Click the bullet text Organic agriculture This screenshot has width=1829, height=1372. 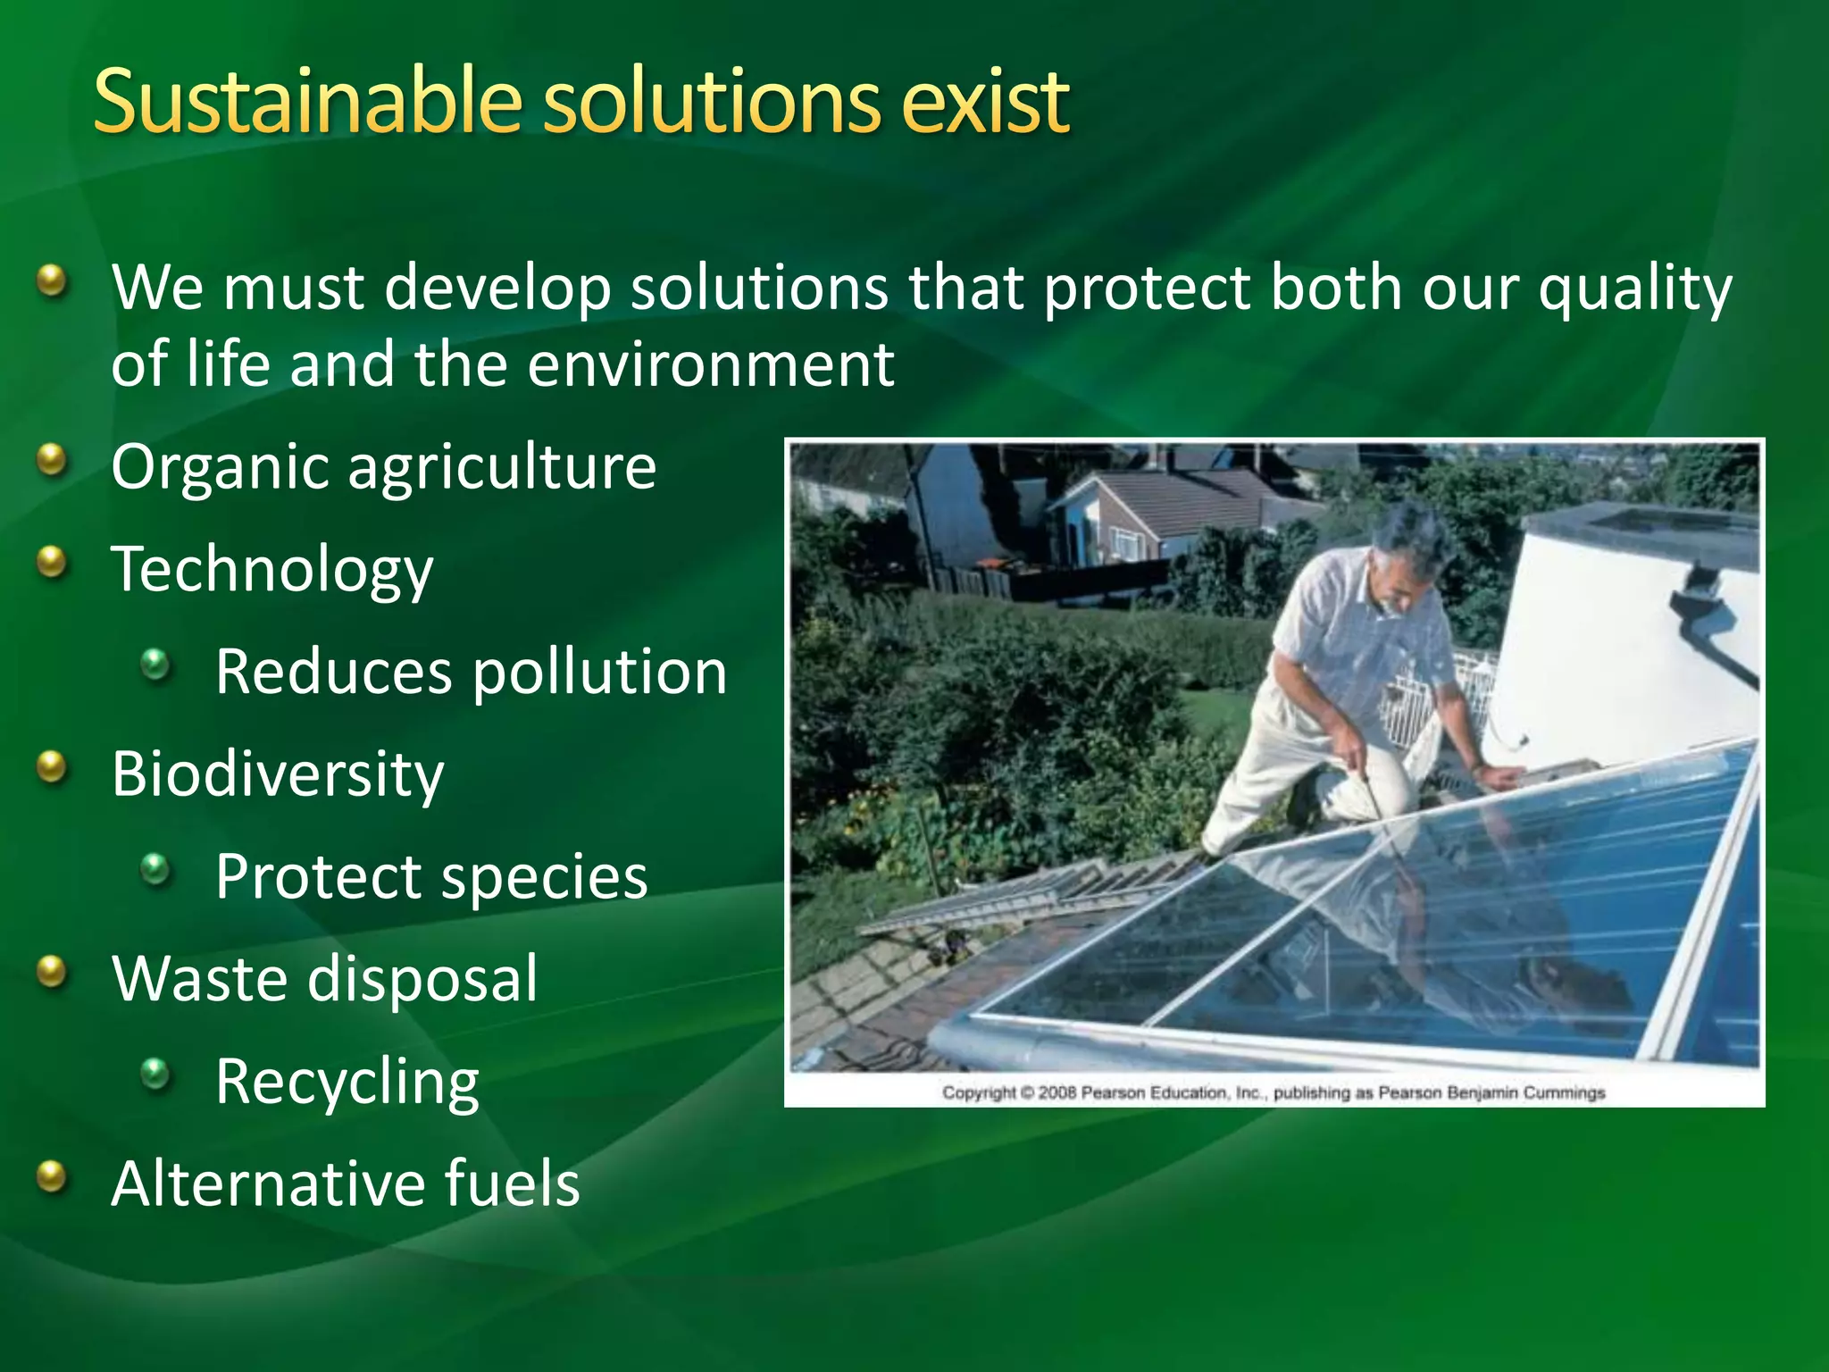click(x=384, y=467)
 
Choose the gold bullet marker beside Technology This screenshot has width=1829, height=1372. click(x=54, y=564)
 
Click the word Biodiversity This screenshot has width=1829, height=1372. click(x=278, y=774)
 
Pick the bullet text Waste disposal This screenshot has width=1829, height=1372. click(x=325, y=978)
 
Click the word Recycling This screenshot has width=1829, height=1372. click(x=347, y=1082)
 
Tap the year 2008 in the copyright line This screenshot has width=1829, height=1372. click(x=1057, y=1092)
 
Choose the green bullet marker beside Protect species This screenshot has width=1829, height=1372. click(x=156, y=870)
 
